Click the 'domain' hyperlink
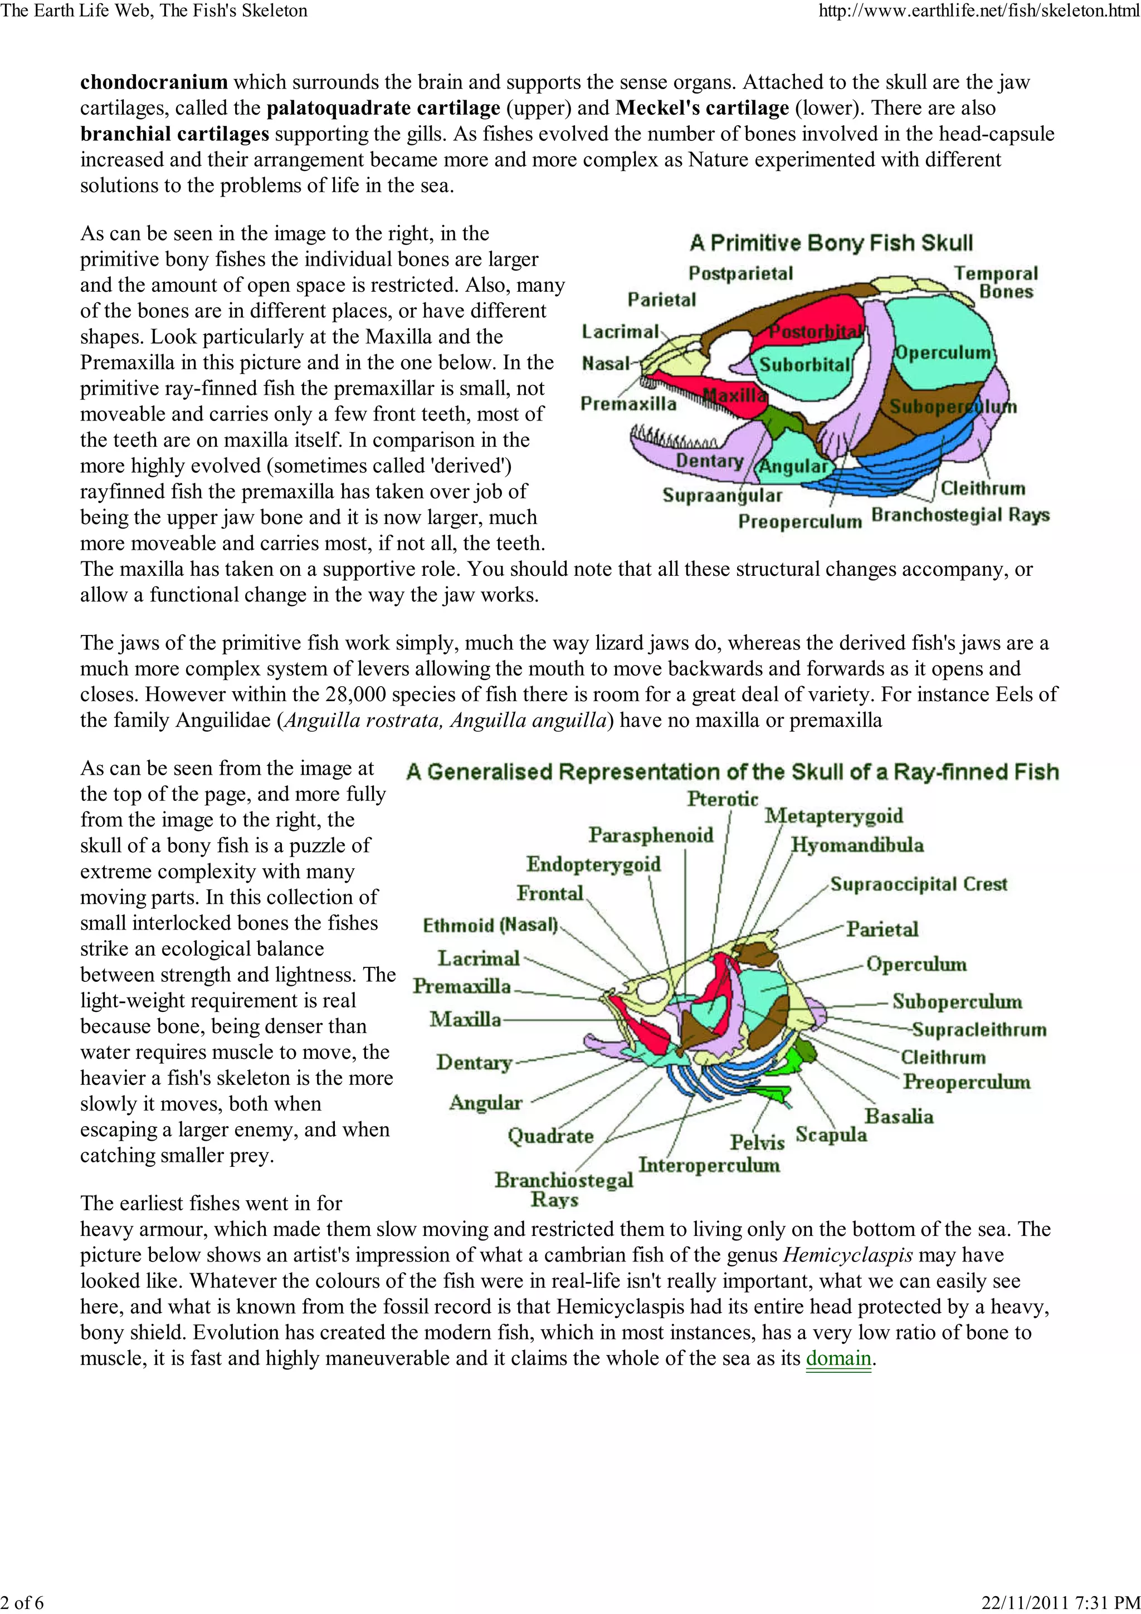(x=838, y=1358)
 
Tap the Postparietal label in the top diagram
(x=740, y=273)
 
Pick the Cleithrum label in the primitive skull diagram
(x=983, y=488)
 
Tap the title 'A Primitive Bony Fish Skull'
(x=831, y=243)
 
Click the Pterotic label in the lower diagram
(x=723, y=799)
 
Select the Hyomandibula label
(x=857, y=845)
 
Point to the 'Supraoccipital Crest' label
(x=919, y=884)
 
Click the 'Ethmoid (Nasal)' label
(x=490, y=925)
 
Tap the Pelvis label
(x=757, y=1142)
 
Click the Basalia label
(x=899, y=1116)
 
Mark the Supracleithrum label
(x=979, y=1030)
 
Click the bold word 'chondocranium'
(x=154, y=82)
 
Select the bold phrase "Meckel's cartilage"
(x=701, y=108)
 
